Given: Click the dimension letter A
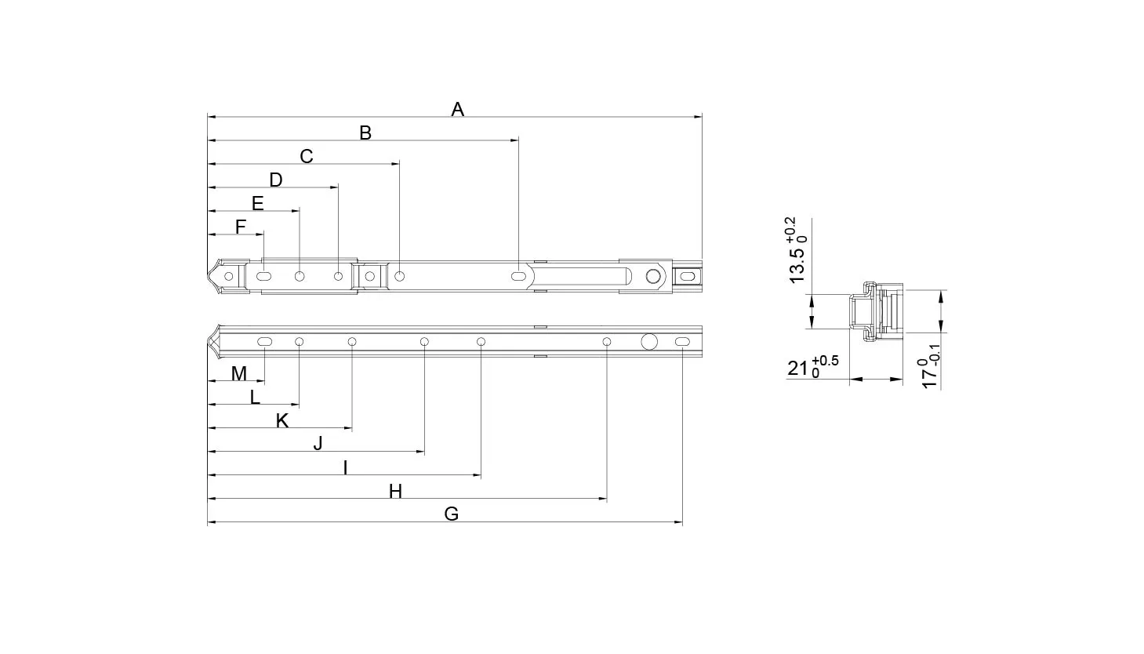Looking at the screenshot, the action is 458,109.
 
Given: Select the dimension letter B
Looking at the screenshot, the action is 365,133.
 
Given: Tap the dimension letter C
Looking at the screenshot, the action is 307,156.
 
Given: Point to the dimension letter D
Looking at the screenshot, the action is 276,180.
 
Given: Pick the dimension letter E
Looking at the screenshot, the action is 258,203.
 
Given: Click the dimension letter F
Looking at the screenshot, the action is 241,227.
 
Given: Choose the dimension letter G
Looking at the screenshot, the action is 452,514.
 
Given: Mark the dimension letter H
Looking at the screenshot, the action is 395,492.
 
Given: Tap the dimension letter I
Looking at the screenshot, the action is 346,467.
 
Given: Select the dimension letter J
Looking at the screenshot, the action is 318,444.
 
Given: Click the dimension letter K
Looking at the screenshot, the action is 282,421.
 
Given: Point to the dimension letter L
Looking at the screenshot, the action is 255,397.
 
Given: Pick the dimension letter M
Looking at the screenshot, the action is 239,373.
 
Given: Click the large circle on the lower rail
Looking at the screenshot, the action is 649,341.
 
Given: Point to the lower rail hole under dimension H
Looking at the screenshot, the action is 607,341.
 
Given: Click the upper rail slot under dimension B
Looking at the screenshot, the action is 518,276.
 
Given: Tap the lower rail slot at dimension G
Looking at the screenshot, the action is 682,342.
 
